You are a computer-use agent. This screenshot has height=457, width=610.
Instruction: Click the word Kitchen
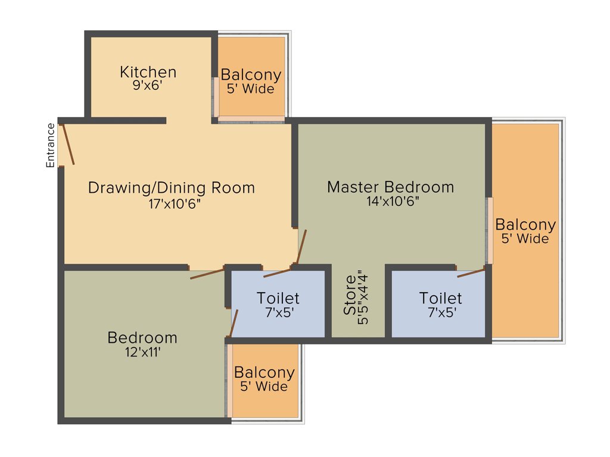[x=148, y=72]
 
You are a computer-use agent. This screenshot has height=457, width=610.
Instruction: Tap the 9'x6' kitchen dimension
[x=148, y=85]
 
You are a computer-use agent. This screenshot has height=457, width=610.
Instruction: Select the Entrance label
[x=51, y=145]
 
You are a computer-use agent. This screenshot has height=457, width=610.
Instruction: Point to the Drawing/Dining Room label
[x=171, y=188]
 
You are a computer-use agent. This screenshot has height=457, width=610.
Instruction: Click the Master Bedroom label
[x=390, y=187]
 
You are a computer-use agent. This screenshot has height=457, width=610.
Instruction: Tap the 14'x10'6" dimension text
[x=393, y=201]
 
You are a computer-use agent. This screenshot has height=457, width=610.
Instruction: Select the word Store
[x=350, y=295]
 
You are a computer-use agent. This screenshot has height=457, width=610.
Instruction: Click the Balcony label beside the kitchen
[x=251, y=75]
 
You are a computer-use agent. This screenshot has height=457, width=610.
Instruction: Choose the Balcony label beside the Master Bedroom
[x=525, y=225]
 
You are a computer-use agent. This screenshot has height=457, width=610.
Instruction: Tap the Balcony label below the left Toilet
[x=264, y=373]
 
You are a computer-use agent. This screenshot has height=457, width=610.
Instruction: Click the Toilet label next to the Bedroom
[x=278, y=298]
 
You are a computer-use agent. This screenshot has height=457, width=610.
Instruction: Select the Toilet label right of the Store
[x=440, y=298]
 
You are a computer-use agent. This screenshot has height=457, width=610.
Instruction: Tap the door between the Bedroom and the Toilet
[x=234, y=324]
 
